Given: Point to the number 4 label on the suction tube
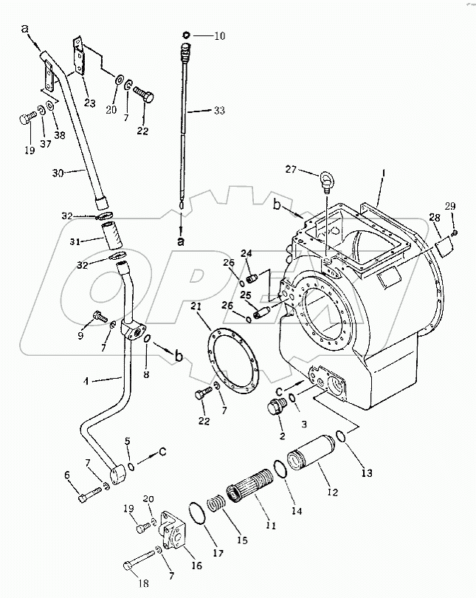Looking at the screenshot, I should click(x=86, y=381).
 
